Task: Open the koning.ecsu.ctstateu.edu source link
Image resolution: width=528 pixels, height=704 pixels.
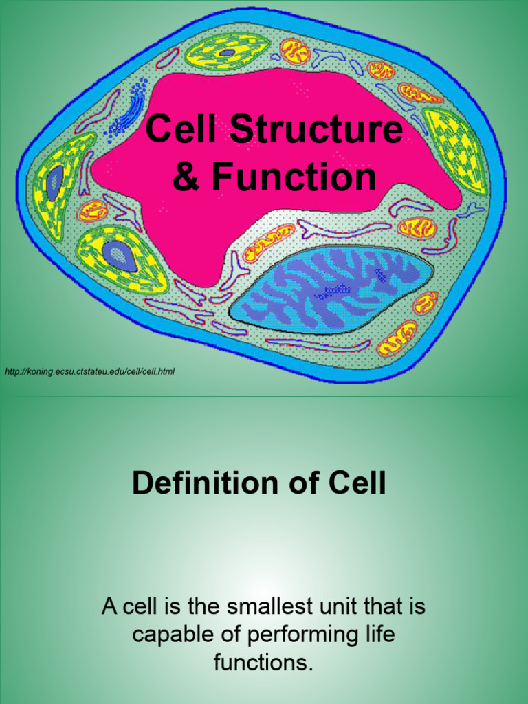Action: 90,372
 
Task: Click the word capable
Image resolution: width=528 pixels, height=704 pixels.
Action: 165,635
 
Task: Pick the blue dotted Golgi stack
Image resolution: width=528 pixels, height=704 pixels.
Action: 127,110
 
